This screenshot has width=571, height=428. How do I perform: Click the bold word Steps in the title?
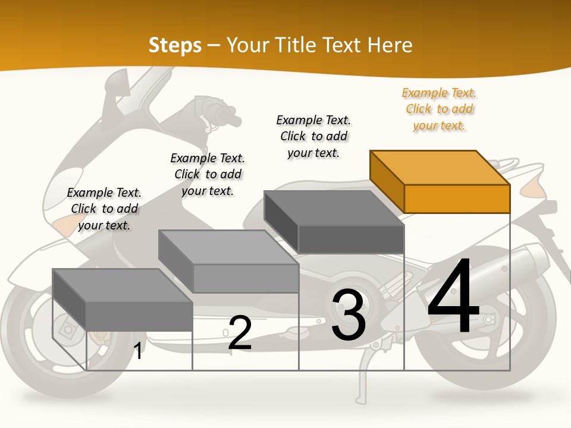pyautogui.click(x=175, y=45)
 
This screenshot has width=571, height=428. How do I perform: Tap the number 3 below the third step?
pyautogui.click(x=349, y=315)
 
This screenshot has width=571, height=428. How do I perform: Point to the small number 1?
pyautogui.click(x=138, y=351)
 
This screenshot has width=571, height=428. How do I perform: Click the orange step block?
pyautogui.click(x=440, y=181)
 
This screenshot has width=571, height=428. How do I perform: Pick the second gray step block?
pyautogui.click(x=228, y=262)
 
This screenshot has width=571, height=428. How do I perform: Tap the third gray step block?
pyautogui.click(x=334, y=222)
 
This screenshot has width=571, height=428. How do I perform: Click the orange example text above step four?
pyautogui.click(x=439, y=109)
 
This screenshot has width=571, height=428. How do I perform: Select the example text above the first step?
pyautogui.click(x=104, y=209)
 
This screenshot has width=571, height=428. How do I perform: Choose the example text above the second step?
pyautogui.click(x=208, y=174)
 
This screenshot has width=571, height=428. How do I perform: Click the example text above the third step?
pyautogui.click(x=313, y=136)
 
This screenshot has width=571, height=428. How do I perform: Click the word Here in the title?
pyautogui.click(x=390, y=45)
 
